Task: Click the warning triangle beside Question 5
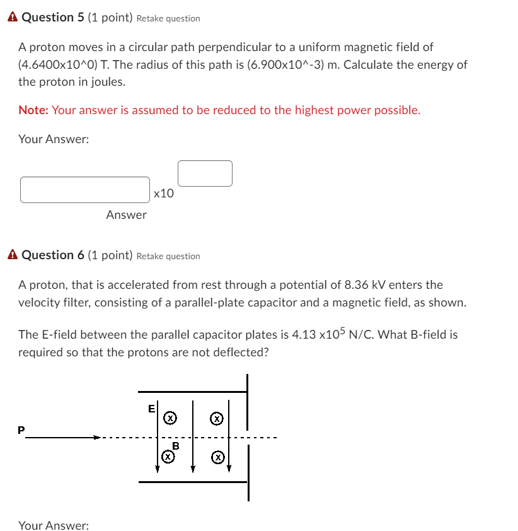tap(13, 18)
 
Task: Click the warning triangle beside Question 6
tap(13, 255)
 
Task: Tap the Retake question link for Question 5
tap(168, 19)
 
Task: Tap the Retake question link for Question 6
tap(168, 257)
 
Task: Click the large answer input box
tap(85, 190)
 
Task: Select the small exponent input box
tap(205, 173)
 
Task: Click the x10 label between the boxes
tap(164, 194)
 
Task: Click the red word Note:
tap(33, 110)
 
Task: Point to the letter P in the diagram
tap(21, 430)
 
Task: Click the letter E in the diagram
tap(151, 409)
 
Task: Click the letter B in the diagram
tap(176, 446)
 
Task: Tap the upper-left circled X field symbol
tap(170, 417)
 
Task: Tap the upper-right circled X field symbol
tap(217, 417)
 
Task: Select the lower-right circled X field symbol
tap(217, 456)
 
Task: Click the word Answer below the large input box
tap(126, 215)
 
